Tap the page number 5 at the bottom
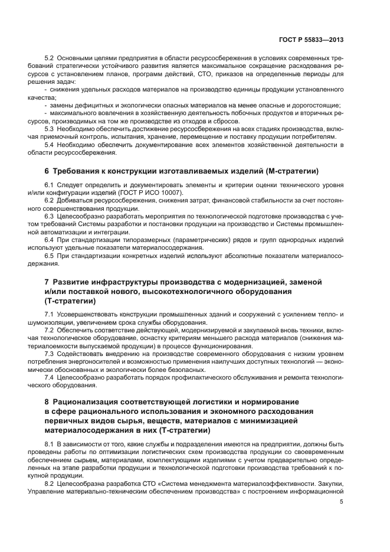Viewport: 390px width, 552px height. [342, 502]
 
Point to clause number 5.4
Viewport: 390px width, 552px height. [50, 145]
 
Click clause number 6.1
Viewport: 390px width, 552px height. [50, 187]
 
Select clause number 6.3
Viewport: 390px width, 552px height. [50, 216]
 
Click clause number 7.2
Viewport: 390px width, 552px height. [50, 331]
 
